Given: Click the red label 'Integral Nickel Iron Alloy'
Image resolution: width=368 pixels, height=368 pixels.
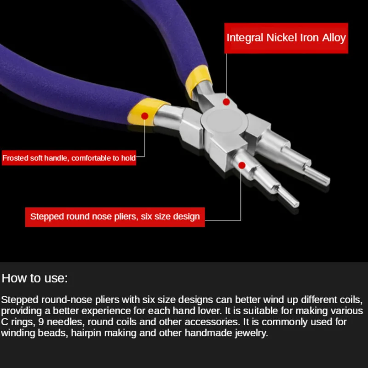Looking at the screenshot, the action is point(286,38).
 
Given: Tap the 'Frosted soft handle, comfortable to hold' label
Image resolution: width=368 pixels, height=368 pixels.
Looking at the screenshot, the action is point(69,158).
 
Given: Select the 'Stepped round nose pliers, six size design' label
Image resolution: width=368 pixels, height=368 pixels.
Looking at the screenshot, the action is point(115,217).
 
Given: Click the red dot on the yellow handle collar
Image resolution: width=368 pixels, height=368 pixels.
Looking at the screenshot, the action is point(144,116).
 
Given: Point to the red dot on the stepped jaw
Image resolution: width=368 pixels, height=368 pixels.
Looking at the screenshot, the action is point(242,166).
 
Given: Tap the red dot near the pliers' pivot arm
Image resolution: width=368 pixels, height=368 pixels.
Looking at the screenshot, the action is point(226,102).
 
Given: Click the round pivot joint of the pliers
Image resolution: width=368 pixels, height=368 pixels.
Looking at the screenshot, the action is point(224,121).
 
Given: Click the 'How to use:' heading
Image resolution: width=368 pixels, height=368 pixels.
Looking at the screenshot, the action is point(34,278).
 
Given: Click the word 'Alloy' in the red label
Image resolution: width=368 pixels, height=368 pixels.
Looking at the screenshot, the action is point(334,38).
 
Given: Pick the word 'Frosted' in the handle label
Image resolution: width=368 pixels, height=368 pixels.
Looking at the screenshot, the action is point(16,158).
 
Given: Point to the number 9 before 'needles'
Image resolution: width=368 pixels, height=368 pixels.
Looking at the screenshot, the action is point(41,322).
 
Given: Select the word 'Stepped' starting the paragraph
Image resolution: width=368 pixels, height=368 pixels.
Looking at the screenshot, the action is point(19,300).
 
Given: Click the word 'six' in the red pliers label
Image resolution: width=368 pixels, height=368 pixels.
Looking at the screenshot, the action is point(146,217).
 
